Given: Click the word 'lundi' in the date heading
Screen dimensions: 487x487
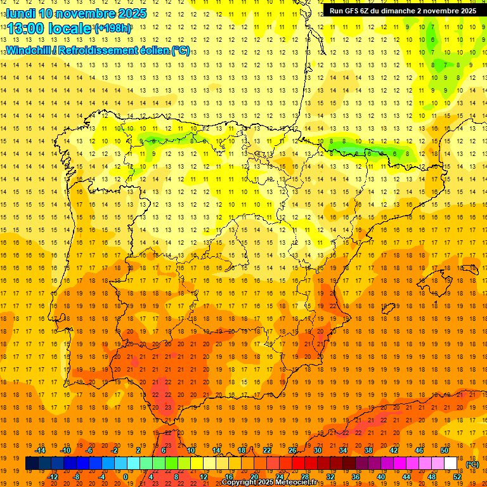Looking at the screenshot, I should coord(20,13).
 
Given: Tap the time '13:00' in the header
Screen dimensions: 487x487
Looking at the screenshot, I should coord(27,29).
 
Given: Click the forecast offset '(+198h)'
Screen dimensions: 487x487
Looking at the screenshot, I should coord(113,29).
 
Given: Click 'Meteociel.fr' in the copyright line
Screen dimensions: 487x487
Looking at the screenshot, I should coord(295,482).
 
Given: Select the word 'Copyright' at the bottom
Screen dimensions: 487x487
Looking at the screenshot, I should coord(240,482).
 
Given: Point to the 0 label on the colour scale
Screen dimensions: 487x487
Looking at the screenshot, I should coord(126,476).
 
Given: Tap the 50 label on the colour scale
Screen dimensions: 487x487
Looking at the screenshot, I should coord(444,450).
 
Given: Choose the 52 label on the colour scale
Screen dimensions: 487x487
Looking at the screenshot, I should coord(457,476).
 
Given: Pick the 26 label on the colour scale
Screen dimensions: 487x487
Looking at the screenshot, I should coord(292,450).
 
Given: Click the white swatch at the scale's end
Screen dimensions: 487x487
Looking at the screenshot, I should coord(451,463).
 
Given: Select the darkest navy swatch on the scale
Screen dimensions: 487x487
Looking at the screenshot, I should coord(32,463).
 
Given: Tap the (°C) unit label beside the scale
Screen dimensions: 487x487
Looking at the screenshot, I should coord(472,464).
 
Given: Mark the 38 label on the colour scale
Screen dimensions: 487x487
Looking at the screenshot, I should coord(368,450).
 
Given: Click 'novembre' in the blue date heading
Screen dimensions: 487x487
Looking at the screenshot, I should coord(80,13).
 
